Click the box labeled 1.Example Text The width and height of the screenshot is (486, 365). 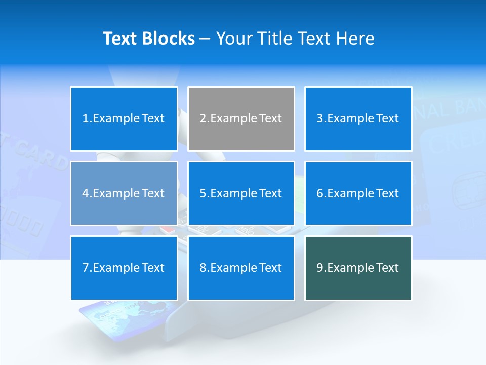point(124,119)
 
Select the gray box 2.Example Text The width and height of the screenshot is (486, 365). point(241,119)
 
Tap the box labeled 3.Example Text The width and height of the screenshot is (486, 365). point(358,119)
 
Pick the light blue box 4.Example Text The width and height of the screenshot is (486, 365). point(124,193)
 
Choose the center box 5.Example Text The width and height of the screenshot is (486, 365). point(241,193)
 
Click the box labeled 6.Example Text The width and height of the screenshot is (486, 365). point(358,193)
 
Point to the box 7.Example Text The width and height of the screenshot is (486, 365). point(124,268)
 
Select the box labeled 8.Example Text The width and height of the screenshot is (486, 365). point(241,268)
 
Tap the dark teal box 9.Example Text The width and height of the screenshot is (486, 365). point(358,268)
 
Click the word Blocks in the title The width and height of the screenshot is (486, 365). point(169,39)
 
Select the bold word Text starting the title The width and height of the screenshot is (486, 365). point(121,39)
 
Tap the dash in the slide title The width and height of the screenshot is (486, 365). point(205,39)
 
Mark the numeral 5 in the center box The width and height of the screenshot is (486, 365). point(202,193)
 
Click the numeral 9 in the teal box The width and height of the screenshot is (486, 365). point(319,268)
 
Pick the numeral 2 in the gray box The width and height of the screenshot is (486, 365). point(202,119)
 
